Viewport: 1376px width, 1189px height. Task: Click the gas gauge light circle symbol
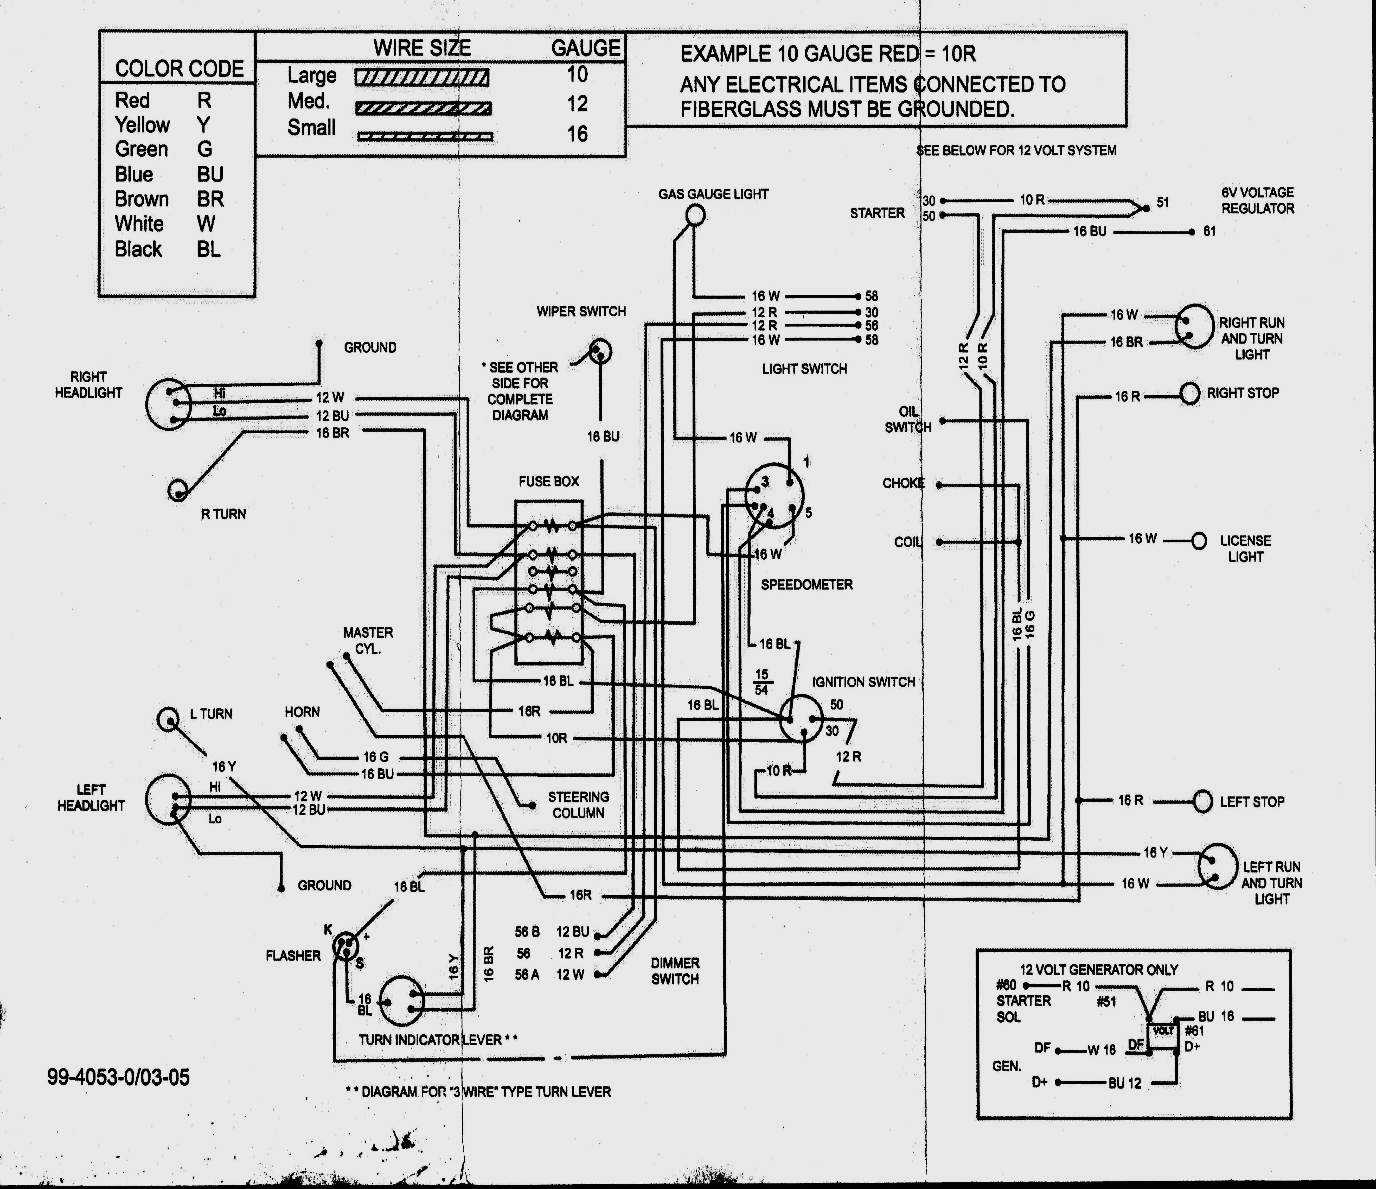coord(695,215)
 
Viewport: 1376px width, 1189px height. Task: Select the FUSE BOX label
coord(548,481)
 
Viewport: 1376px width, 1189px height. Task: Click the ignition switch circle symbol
coord(800,718)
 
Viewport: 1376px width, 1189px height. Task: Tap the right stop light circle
coord(1189,393)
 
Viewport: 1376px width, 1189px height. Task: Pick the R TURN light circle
coord(178,490)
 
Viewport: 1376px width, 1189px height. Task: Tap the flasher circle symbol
coord(345,947)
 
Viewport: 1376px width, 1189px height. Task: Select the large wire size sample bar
coord(422,78)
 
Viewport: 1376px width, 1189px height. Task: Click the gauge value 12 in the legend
coord(577,104)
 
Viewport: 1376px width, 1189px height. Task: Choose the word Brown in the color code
coord(142,199)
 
